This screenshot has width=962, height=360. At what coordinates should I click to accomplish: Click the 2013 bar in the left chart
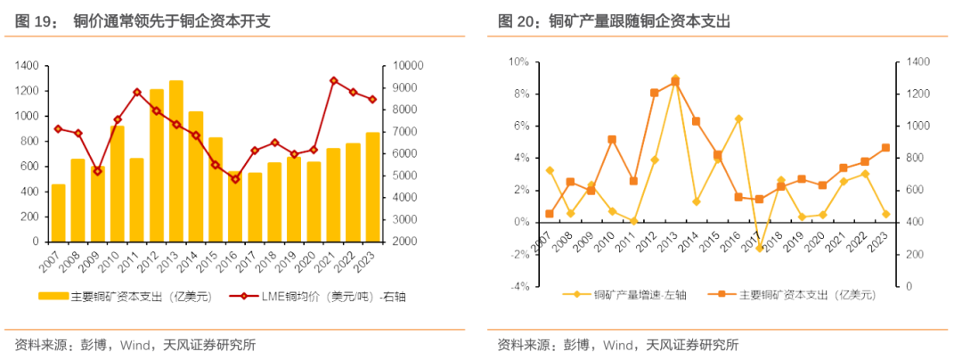[175, 161]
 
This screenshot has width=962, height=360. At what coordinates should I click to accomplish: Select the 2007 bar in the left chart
[58, 213]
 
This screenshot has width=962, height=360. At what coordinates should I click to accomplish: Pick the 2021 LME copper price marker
[333, 80]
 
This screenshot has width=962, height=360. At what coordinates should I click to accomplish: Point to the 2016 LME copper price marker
[235, 179]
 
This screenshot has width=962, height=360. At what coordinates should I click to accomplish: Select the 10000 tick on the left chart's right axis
[404, 66]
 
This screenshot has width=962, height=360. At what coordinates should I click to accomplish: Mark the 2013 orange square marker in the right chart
[675, 82]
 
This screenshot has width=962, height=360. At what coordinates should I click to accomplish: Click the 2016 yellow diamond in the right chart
[738, 119]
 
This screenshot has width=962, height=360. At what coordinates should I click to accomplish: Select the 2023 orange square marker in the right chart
[885, 148]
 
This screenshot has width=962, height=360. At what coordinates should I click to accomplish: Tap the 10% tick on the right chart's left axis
[519, 61]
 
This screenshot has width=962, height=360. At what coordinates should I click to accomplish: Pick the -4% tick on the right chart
[519, 287]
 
